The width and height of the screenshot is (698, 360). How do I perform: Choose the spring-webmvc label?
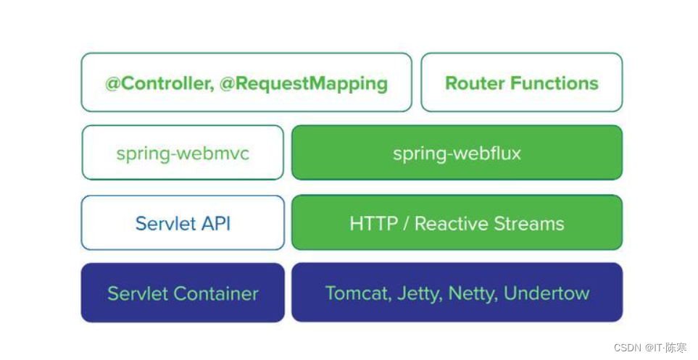183,154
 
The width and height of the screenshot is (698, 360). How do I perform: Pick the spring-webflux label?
457,154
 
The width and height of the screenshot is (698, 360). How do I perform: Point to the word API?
215,223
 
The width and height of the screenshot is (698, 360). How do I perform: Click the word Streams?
530,223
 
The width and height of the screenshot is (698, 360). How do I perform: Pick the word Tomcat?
351,293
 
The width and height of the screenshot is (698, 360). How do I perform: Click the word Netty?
471,293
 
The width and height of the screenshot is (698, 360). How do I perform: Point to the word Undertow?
547,293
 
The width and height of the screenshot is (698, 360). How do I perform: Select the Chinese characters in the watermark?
676,347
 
